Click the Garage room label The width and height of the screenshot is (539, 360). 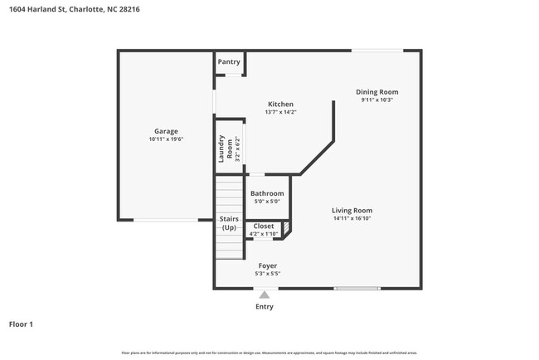pyautogui.click(x=166, y=131)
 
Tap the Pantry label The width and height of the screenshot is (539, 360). pyautogui.click(x=229, y=62)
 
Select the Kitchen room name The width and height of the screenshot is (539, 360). pyautogui.click(x=280, y=105)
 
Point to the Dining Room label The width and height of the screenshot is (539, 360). pyautogui.click(x=377, y=92)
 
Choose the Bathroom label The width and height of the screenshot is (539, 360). pyautogui.click(x=267, y=193)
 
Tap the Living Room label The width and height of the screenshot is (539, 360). pyautogui.click(x=352, y=211)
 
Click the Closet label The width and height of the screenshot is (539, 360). pyautogui.click(x=264, y=226)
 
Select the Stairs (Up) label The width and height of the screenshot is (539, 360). pyautogui.click(x=228, y=224)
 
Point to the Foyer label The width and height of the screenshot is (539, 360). pyautogui.click(x=267, y=266)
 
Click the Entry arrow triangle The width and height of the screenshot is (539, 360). pyautogui.click(x=265, y=294)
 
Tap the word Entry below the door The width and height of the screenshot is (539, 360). pyautogui.click(x=265, y=307)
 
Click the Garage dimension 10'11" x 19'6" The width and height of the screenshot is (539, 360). pyautogui.click(x=166, y=139)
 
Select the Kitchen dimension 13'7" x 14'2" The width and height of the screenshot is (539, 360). pyautogui.click(x=280, y=113)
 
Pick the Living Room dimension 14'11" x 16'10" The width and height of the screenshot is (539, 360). pyautogui.click(x=352, y=219)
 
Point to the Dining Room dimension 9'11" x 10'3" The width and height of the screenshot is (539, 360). pyautogui.click(x=377, y=100)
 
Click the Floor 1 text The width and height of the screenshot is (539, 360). pyautogui.click(x=21, y=324)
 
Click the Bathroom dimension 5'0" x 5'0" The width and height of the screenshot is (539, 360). pyautogui.click(x=267, y=202)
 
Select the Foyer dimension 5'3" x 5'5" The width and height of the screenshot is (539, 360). pyautogui.click(x=267, y=275)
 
